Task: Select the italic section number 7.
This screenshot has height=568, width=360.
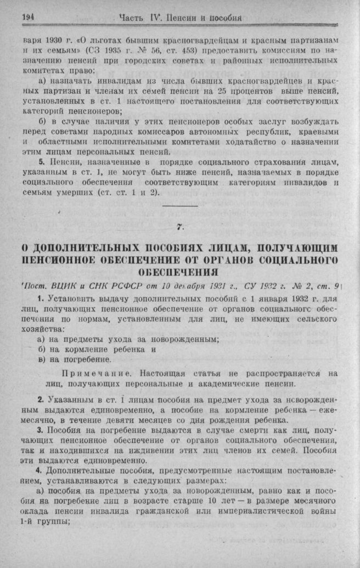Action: click(180, 227)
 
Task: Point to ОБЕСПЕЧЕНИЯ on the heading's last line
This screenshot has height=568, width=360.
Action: click(181, 272)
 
